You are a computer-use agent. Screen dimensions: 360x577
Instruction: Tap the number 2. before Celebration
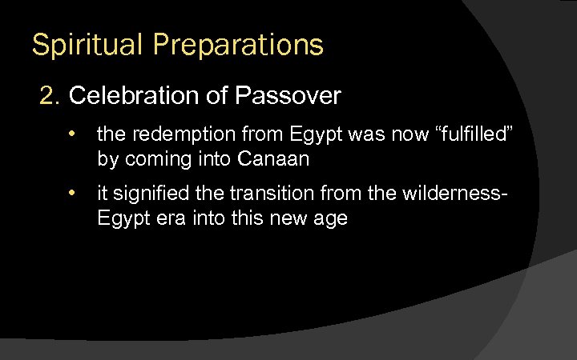pyautogui.click(x=51, y=96)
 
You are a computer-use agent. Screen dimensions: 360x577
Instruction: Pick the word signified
pyautogui.click(x=151, y=194)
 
